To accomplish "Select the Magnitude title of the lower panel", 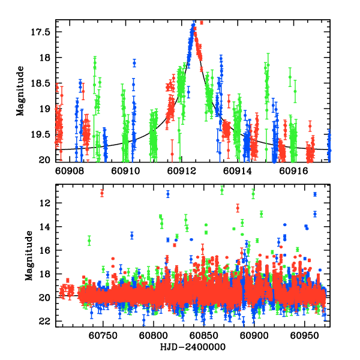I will [x=28, y=255].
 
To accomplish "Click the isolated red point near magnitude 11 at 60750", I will [x=102, y=193].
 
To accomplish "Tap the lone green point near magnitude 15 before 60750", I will [x=89, y=241].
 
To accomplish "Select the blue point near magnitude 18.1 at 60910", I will [x=134, y=62].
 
